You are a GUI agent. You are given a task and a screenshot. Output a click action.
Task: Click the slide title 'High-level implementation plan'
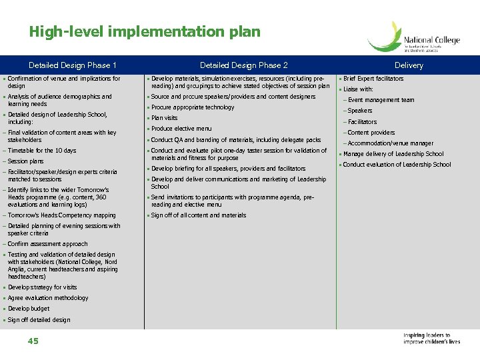click(145, 31)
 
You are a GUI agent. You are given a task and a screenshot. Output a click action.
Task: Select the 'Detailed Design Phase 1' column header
click(73, 65)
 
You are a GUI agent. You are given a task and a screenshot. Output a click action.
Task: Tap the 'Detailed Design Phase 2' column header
click(244, 65)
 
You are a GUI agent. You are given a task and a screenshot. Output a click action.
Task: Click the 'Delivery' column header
click(409, 65)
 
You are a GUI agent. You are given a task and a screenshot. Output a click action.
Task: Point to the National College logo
click(414, 38)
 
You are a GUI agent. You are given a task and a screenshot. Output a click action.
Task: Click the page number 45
click(33, 341)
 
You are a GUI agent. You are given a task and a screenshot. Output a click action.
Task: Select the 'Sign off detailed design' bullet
click(39, 320)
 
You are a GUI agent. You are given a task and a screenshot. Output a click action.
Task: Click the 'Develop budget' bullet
click(29, 309)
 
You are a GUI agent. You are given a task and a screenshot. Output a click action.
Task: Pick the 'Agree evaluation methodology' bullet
click(48, 298)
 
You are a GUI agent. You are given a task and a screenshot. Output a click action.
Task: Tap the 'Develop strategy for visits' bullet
click(42, 287)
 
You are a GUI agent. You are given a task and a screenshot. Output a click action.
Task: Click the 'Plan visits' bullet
click(165, 118)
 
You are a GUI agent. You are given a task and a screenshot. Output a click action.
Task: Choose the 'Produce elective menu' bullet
click(181, 129)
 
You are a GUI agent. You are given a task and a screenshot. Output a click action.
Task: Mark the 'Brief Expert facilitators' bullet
click(373, 79)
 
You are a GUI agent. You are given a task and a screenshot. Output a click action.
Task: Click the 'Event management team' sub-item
click(381, 100)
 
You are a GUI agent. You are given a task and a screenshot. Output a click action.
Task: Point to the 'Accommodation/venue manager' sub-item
click(390, 143)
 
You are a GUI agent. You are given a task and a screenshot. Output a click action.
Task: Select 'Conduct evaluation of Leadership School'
click(397, 165)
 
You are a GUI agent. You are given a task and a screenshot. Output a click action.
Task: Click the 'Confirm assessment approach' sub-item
click(47, 244)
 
